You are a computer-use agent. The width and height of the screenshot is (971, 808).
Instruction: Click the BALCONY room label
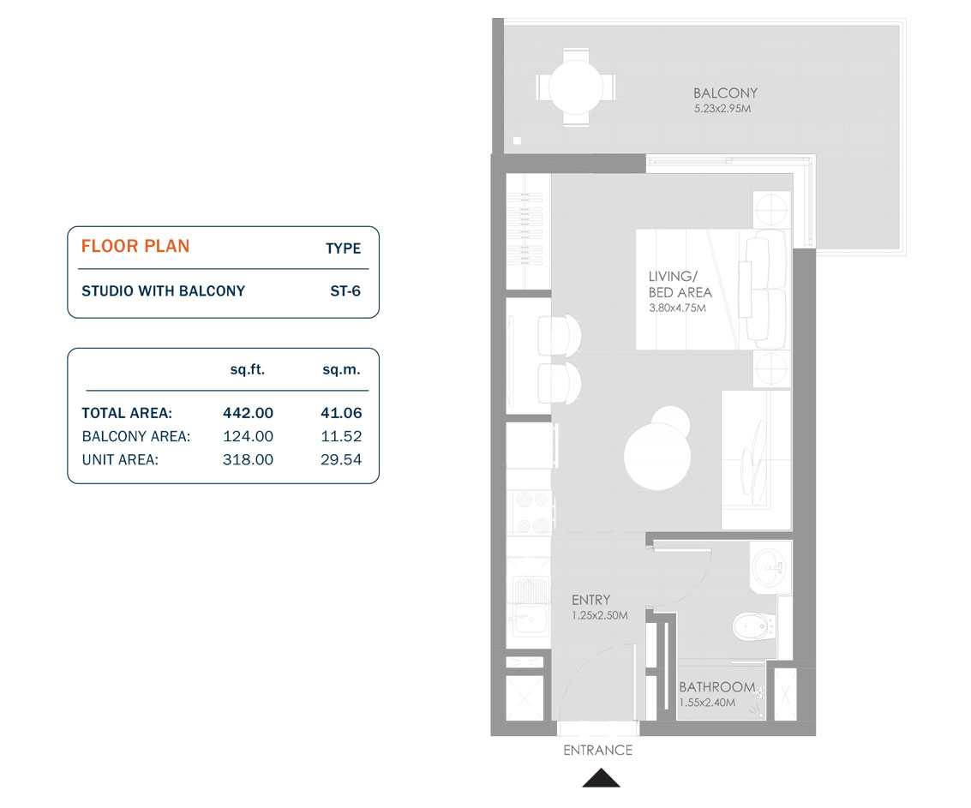pyautogui.click(x=725, y=93)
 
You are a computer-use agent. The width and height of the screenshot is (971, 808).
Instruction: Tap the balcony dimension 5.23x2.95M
pyautogui.click(x=722, y=110)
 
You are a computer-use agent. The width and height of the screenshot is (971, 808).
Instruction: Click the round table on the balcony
pyautogui.click(x=575, y=86)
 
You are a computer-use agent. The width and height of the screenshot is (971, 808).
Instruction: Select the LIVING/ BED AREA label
pyautogui.click(x=680, y=284)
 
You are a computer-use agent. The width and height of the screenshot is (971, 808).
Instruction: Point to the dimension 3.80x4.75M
pyautogui.click(x=677, y=308)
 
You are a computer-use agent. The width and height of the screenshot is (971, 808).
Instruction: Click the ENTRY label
pyautogui.click(x=591, y=601)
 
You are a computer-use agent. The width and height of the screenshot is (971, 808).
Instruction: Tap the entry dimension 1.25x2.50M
pyautogui.click(x=600, y=616)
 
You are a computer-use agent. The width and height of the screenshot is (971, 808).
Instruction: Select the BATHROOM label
pyautogui.click(x=716, y=687)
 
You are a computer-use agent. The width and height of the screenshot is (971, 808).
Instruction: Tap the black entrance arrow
pyautogui.click(x=601, y=778)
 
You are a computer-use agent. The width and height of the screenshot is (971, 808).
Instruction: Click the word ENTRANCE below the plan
pyautogui.click(x=597, y=751)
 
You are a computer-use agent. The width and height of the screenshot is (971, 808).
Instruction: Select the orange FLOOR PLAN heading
pyautogui.click(x=135, y=247)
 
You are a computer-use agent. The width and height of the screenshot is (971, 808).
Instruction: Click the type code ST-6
pyautogui.click(x=345, y=291)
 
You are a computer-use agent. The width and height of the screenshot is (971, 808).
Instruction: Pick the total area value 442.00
pyautogui.click(x=248, y=413)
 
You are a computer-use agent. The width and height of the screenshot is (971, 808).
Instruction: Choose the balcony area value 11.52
pyautogui.click(x=341, y=436)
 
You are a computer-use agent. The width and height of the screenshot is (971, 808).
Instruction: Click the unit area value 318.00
pyautogui.click(x=248, y=460)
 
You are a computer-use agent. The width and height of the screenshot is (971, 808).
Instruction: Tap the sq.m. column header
pyautogui.click(x=341, y=370)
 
